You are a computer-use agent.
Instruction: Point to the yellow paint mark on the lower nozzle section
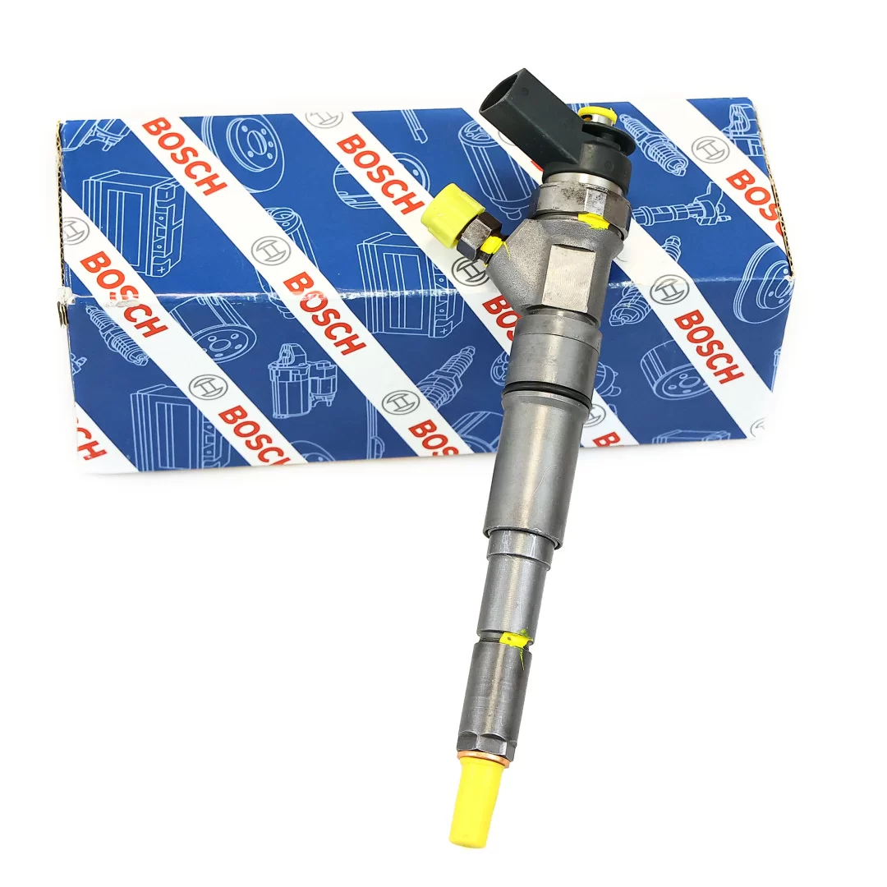pyautogui.click(x=516, y=638)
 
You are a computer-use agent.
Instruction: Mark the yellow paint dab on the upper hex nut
pyautogui.click(x=593, y=221)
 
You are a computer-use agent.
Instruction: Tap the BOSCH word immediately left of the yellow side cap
pyautogui.click(x=379, y=174)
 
